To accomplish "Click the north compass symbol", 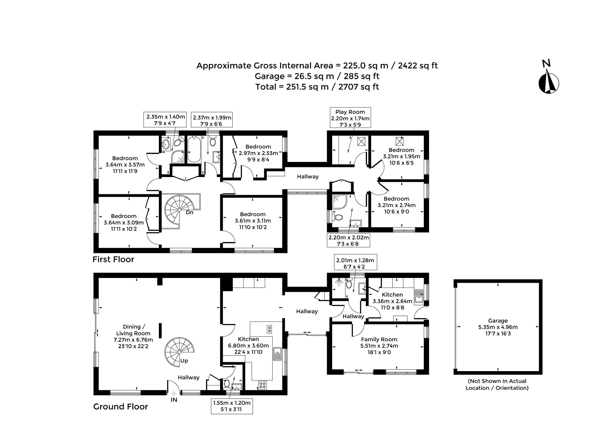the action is coord(548,81).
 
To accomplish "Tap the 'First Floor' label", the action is coord(113,259).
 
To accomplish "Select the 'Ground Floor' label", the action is coord(121,407).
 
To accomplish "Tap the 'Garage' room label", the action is coord(498,327).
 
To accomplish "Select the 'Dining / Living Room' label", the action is coord(133,336).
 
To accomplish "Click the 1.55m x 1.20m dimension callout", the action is coord(232,406).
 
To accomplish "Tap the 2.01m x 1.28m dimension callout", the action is coord(355,262).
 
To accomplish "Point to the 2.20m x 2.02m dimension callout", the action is coord(349,240).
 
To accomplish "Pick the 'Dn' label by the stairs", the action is coord(189,213).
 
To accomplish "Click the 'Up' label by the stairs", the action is coord(184,361).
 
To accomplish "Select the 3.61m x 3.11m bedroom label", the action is coord(253,221).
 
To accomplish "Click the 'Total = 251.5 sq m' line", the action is coord(317,87).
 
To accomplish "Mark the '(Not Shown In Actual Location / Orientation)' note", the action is coord(497,384).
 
